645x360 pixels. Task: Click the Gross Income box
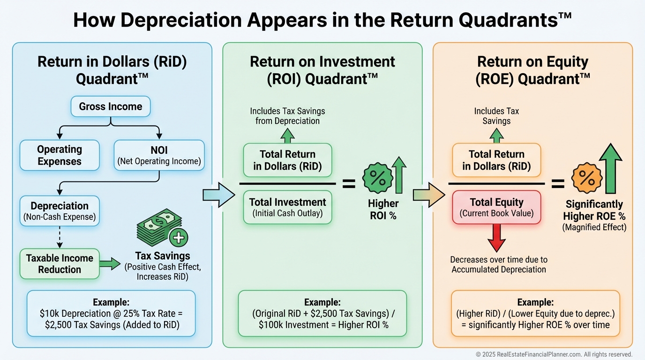111,106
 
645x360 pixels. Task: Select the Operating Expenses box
60,155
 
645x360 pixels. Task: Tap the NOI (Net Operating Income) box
159,155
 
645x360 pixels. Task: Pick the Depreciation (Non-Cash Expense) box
60,210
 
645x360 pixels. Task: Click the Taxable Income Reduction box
60,263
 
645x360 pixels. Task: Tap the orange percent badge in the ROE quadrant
586,179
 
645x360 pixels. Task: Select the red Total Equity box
497,207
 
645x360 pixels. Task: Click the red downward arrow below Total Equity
496,238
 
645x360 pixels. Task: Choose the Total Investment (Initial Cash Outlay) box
287,207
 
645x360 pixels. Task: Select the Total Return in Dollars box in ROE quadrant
497,160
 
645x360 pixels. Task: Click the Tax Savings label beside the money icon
162,256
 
